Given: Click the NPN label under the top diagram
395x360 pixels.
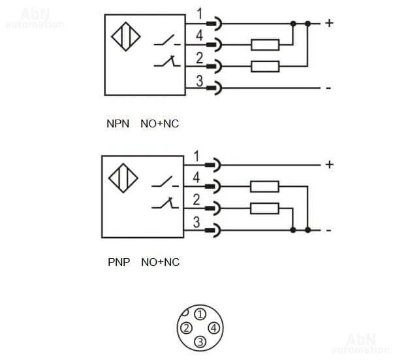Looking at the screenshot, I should click(118, 123).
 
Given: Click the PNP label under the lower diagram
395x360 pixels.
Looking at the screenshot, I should click(119, 263).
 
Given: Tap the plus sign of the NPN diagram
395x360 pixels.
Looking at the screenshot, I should click(329, 24).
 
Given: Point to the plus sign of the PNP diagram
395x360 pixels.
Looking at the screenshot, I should click(329, 165).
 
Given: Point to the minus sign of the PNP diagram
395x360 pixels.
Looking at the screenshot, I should click(328, 231).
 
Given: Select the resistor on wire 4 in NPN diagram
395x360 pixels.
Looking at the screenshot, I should click(265, 44).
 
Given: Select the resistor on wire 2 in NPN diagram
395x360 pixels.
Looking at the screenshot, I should click(265, 66).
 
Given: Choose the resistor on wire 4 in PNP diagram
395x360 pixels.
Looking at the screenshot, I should click(265, 187).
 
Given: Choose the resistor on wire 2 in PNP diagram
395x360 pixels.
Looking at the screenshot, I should click(265, 208).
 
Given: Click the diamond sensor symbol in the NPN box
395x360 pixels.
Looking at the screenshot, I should click(124, 37).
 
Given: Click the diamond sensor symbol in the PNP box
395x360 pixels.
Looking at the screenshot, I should click(123, 178).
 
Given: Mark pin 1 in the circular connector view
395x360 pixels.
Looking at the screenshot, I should click(200, 314).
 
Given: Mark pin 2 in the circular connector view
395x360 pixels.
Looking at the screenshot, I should click(186, 328).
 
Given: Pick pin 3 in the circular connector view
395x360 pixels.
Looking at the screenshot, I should click(200, 342).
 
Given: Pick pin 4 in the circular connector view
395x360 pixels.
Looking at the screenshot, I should click(213, 328).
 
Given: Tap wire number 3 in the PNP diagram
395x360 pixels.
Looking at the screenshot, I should click(197, 221).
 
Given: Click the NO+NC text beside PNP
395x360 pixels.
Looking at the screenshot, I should click(160, 263).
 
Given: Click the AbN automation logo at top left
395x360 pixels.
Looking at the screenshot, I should click(34, 18).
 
